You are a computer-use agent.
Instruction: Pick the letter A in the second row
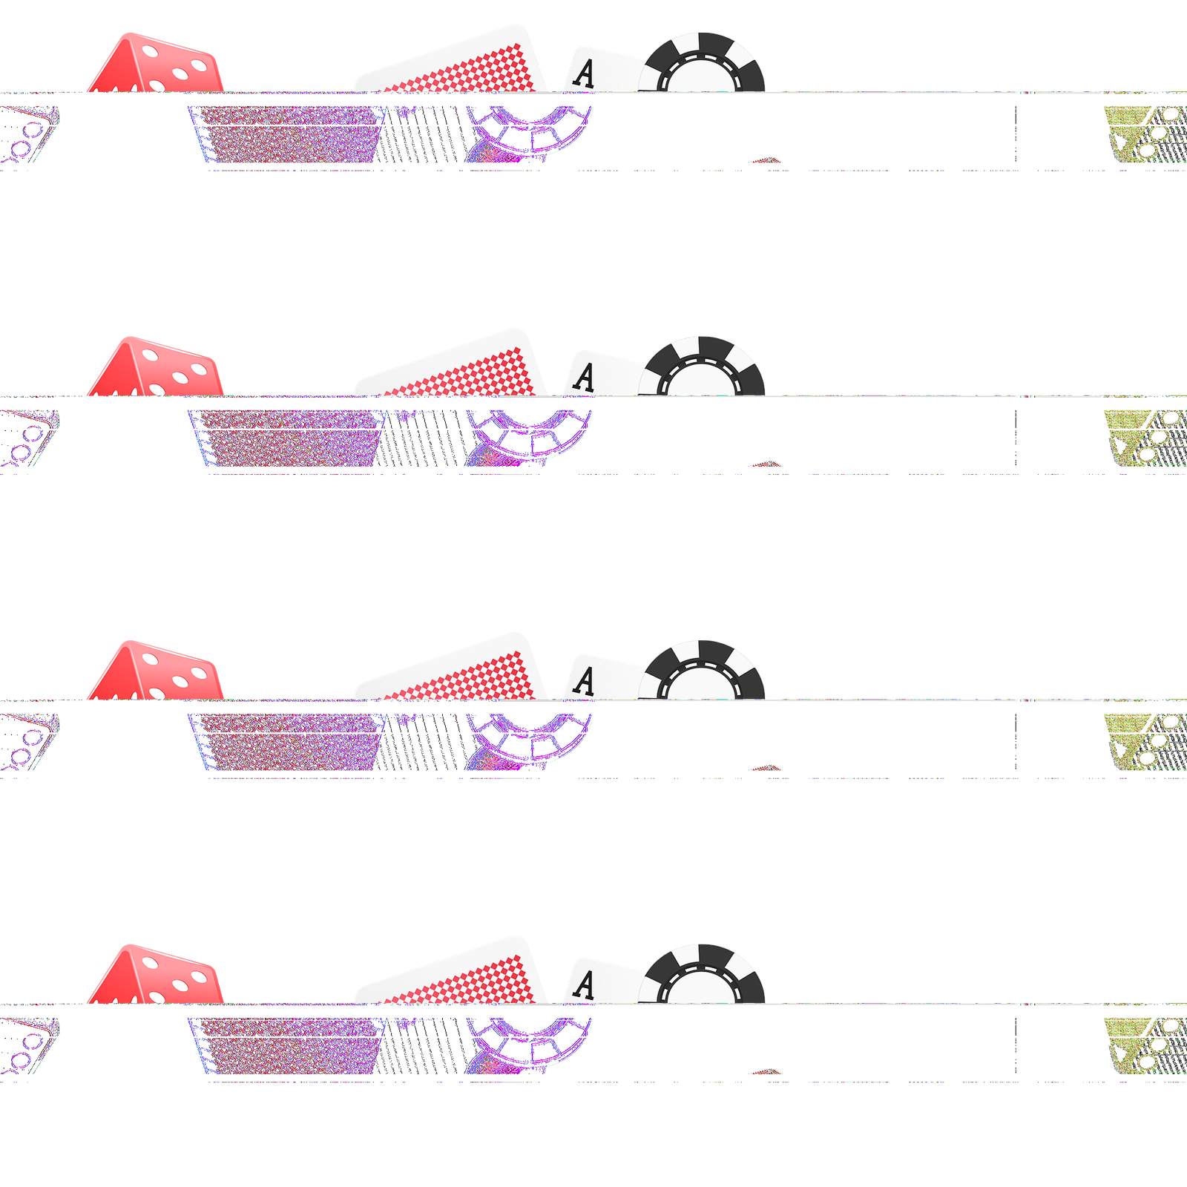[x=585, y=378]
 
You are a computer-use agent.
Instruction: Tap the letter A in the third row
[x=585, y=682]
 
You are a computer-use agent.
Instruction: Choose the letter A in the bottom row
[x=585, y=985]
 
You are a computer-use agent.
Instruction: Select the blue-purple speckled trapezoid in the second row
[x=289, y=438]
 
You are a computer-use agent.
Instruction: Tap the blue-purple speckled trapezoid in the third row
[x=289, y=742]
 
